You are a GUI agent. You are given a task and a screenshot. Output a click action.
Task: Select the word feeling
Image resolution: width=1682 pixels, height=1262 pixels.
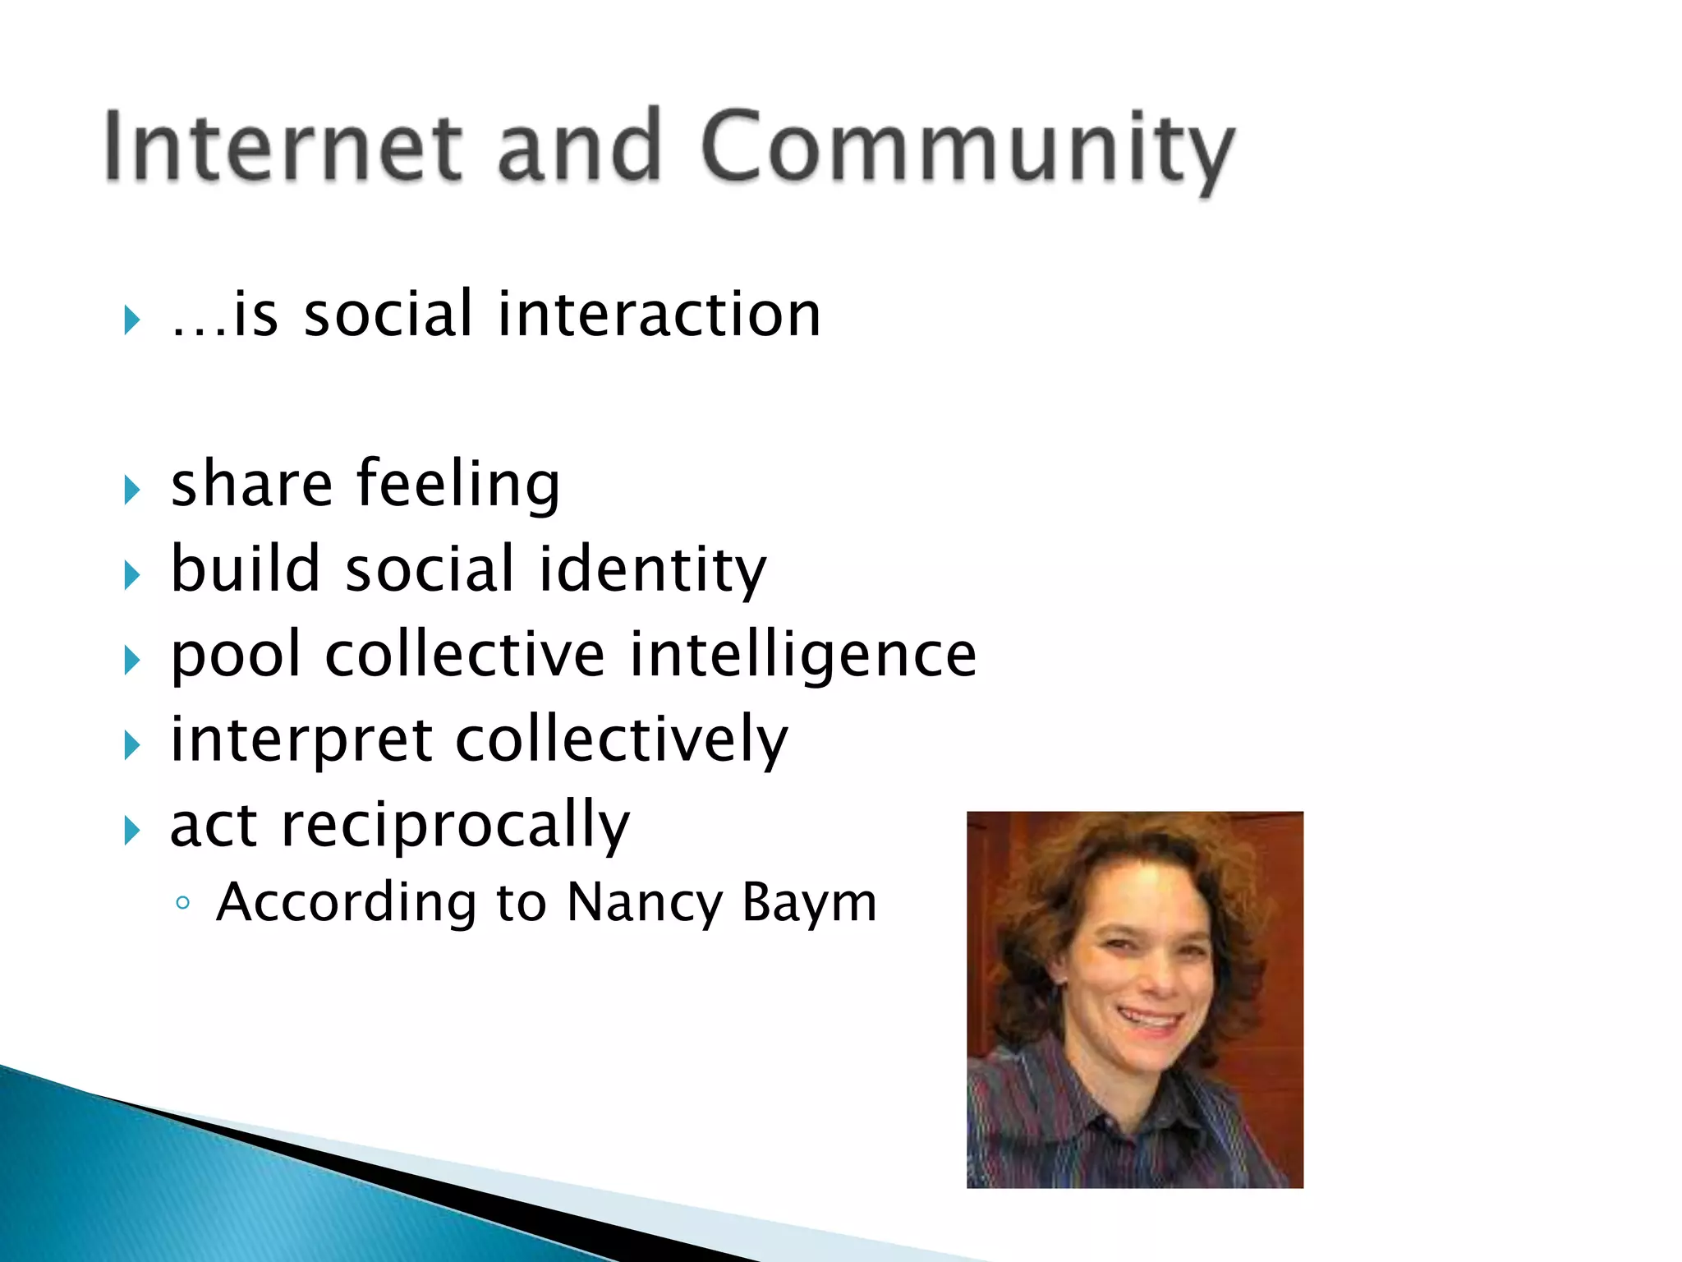(x=458, y=485)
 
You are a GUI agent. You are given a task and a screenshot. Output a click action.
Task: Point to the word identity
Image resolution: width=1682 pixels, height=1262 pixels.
(x=652, y=570)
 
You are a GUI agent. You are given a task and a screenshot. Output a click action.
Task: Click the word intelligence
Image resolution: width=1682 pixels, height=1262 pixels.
(x=803, y=656)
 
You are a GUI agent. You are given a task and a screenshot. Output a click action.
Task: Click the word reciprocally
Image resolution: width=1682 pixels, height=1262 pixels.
(x=456, y=826)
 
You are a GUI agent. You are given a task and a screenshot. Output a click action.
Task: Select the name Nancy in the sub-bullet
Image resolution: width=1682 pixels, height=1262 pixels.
(x=645, y=903)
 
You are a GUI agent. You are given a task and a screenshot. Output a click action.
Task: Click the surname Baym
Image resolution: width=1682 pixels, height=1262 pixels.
(x=810, y=903)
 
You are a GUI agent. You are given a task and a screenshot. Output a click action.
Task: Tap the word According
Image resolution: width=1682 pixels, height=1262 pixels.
(x=346, y=903)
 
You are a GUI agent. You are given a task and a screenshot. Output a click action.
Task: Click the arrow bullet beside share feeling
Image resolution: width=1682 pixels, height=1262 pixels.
(x=131, y=491)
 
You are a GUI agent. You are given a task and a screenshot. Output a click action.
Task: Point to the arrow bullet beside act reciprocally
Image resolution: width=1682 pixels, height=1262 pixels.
(x=131, y=831)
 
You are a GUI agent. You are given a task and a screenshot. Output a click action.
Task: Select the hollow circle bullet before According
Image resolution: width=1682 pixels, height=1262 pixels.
(x=183, y=904)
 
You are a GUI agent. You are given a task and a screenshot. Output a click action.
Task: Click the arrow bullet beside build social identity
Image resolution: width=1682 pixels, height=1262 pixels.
(x=131, y=575)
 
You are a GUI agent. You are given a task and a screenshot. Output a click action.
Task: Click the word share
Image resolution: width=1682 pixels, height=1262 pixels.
(x=251, y=485)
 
